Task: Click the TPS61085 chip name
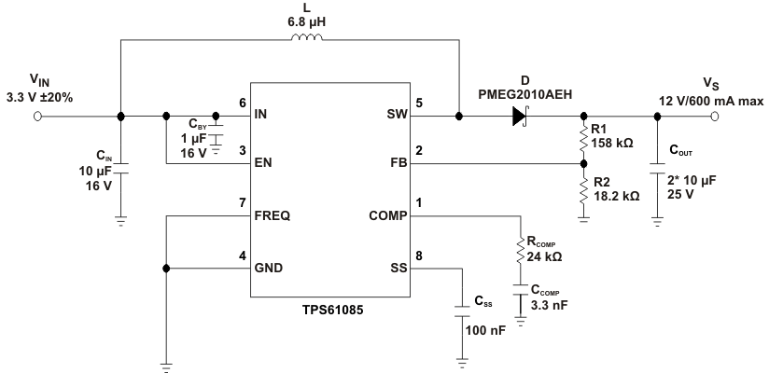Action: click(331, 309)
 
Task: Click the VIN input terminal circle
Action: click(38, 117)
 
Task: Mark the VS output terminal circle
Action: click(716, 117)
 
